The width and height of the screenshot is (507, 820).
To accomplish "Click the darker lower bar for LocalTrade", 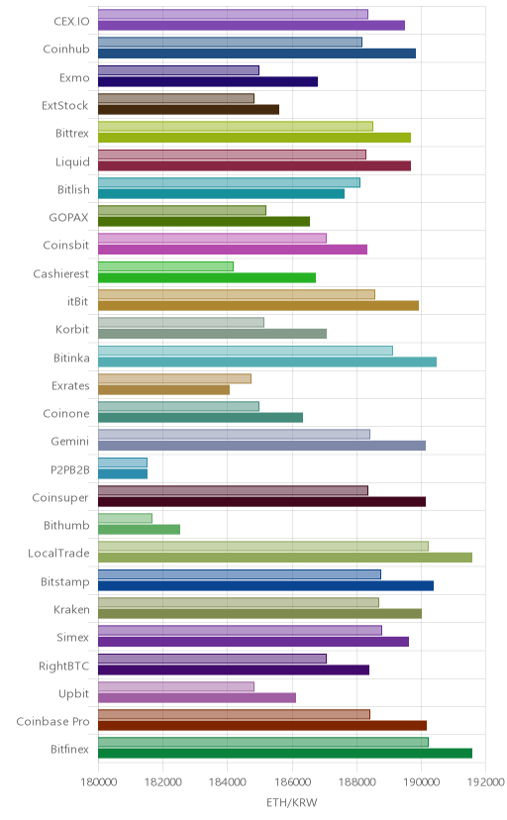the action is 285,558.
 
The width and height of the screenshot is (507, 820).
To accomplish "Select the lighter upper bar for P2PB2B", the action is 123,462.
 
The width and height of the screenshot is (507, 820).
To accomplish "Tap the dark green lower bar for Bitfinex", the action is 285,753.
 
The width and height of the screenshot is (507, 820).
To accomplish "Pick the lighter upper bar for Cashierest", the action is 165,266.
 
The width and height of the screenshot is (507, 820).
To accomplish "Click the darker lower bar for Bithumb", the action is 139,529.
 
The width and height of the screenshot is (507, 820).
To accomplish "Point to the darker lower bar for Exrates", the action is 163,389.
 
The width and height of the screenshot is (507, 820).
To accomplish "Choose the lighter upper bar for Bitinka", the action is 246,351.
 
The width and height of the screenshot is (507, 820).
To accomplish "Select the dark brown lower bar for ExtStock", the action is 189,109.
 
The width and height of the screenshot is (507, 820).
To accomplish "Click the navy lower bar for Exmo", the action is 208,81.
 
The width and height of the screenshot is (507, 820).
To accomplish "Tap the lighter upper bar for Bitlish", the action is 229,182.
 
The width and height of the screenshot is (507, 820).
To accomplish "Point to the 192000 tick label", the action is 486,782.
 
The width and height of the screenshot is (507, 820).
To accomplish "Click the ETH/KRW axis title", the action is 292,803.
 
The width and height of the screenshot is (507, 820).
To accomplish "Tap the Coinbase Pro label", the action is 52,721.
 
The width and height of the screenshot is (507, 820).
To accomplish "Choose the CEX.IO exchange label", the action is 71,22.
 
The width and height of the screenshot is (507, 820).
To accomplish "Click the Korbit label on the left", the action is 72,329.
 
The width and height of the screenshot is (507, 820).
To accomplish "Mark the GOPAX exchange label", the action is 69,217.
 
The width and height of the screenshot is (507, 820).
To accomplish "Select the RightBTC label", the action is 63,666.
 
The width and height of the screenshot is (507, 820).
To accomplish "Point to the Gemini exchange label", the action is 70,441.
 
